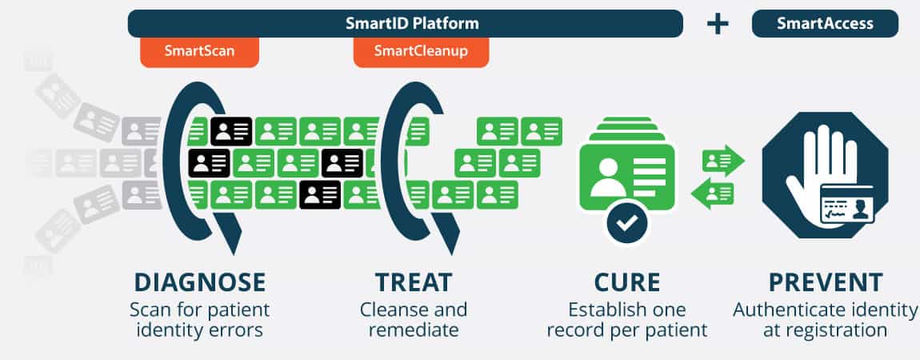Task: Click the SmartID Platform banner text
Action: (x=412, y=23)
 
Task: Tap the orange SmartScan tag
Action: (x=199, y=51)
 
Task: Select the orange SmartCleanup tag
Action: (x=421, y=51)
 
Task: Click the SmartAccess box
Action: (x=825, y=23)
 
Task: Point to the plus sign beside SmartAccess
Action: (x=718, y=24)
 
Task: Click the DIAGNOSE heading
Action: (x=199, y=282)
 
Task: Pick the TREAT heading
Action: (x=414, y=282)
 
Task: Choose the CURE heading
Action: (x=627, y=282)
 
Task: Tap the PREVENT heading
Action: (x=826, y=282)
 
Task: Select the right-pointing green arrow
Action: (x=723, y=161)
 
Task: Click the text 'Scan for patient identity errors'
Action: (x=199, y=319)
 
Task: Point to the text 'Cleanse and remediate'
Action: (x=414, y=319)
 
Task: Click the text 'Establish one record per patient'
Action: (x=627, y=319)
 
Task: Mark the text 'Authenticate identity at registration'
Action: (x=826, y=319)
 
